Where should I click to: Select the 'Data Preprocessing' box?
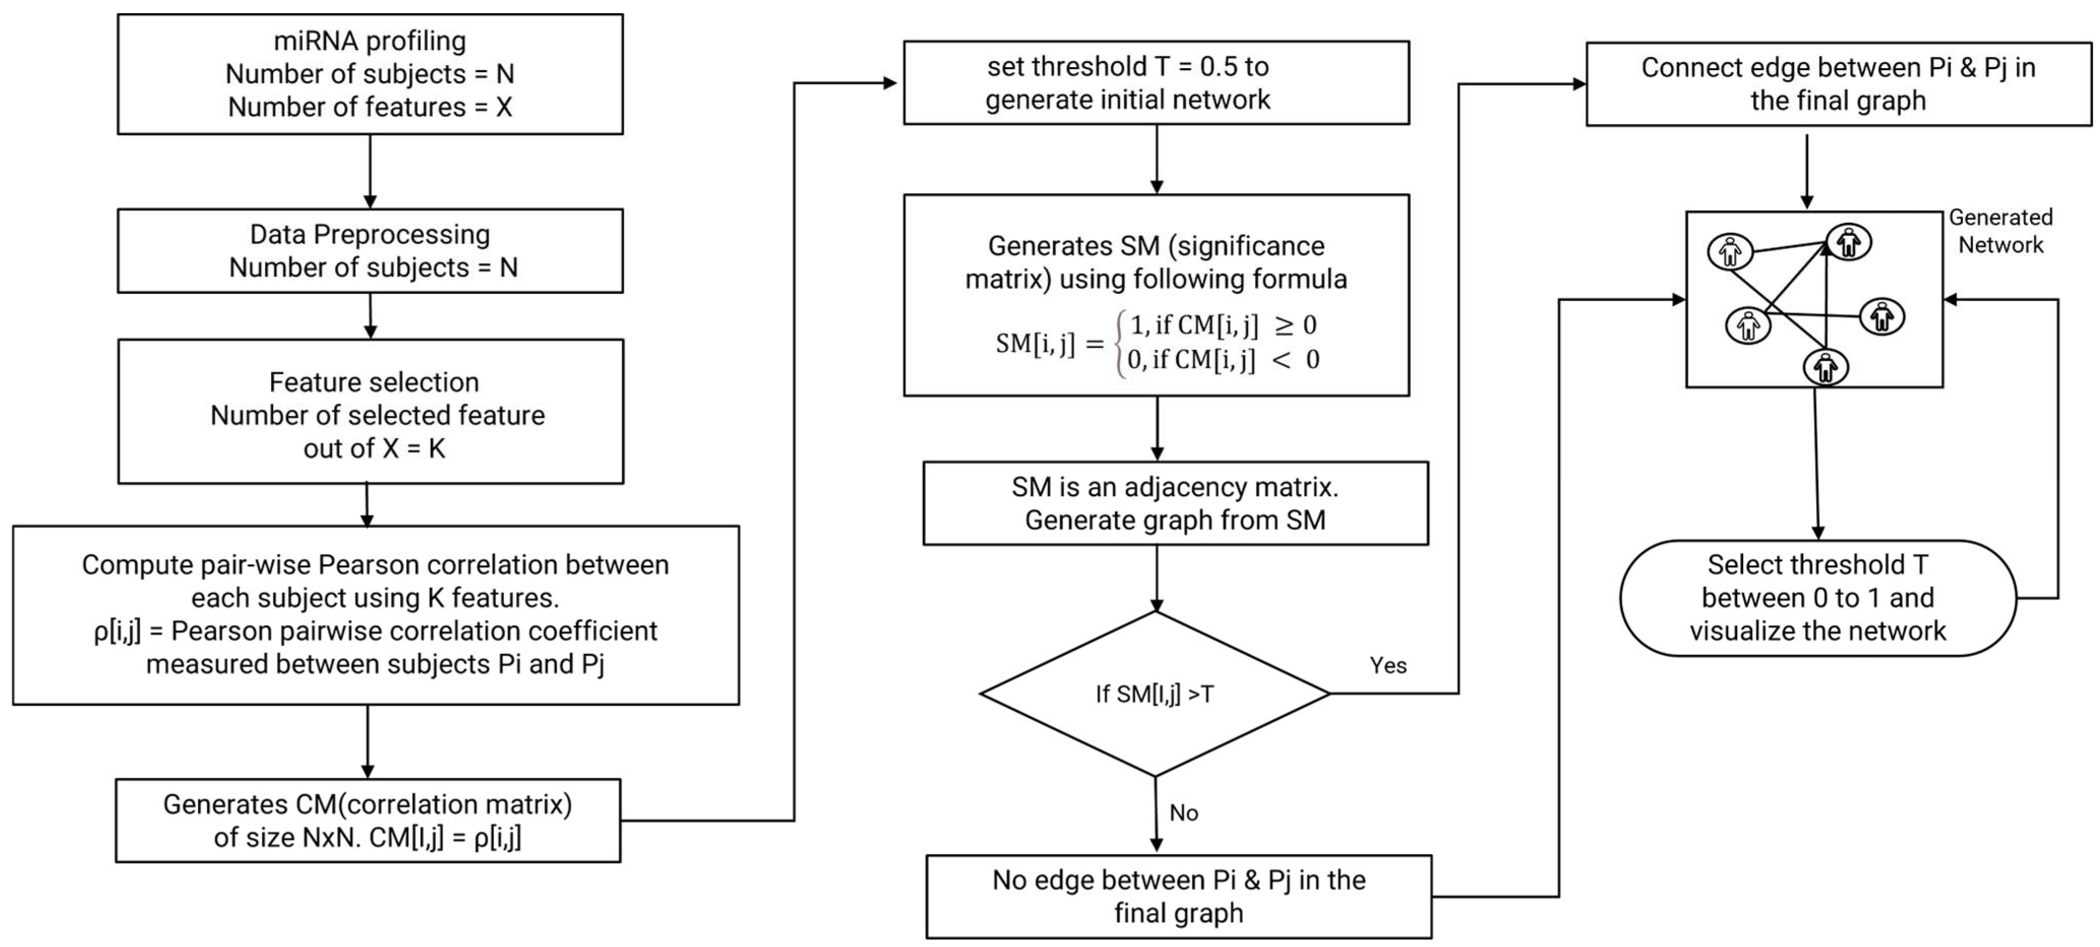tap(369, 251)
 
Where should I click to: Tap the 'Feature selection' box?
tap(370, 412)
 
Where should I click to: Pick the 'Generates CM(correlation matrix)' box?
tap(367, 820)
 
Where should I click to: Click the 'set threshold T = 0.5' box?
tap(1156, 82)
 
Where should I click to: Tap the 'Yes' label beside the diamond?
tap(1387, 665)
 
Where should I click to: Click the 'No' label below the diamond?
tap(1183, 812)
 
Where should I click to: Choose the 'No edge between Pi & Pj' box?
tap(1178, 897)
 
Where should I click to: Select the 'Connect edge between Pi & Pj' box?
tap(1838, 84)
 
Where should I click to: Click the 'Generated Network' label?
tap(2000, 231)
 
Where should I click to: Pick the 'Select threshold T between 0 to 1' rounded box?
tap(1817, 598)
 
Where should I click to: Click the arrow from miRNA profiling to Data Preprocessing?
tap(370, 171)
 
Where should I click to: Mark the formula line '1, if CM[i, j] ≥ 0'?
tap(1223, 325)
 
